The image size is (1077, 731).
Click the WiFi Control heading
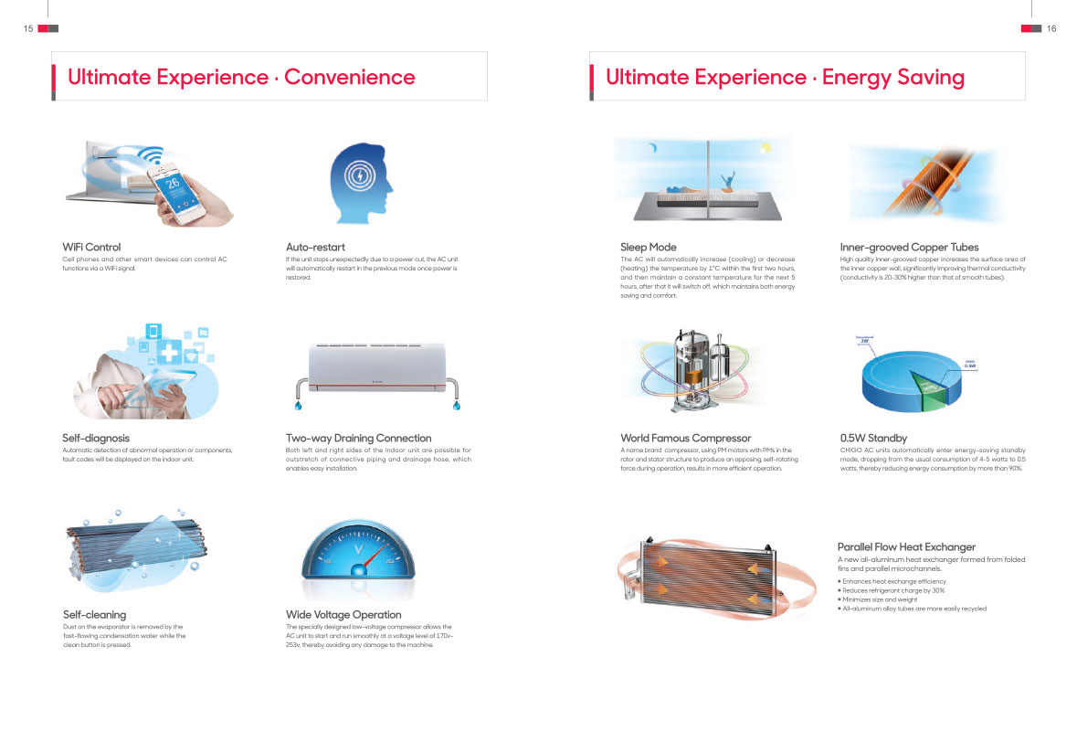[x=91, y=247]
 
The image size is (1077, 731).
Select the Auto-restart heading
[x=315, y=247]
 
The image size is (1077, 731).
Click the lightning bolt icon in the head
[x=359, y=176]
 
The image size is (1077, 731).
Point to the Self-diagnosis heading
[x=96, y=438]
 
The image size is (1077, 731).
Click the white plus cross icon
[x=169, y=353]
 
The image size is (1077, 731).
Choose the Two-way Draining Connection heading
[x=358, y=438]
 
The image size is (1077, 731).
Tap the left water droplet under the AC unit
[x=298, y=406]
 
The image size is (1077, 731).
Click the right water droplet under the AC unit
[x=456, y=406]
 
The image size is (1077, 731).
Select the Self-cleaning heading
[x=94, y=614]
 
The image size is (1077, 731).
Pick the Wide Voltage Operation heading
[x=343, y=614]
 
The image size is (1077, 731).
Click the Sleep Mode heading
[x=649, y=247]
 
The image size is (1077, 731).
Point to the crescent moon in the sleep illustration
[x=653, y=148]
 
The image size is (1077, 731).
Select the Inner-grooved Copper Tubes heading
[x=909, y=247]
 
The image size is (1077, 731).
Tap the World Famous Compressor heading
[x=685, y=438]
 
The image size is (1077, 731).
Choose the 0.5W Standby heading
[x=873, y=438]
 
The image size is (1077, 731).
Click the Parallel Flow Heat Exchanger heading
[x=906, y=546]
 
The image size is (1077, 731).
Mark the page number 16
[x=1051, y=28]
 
